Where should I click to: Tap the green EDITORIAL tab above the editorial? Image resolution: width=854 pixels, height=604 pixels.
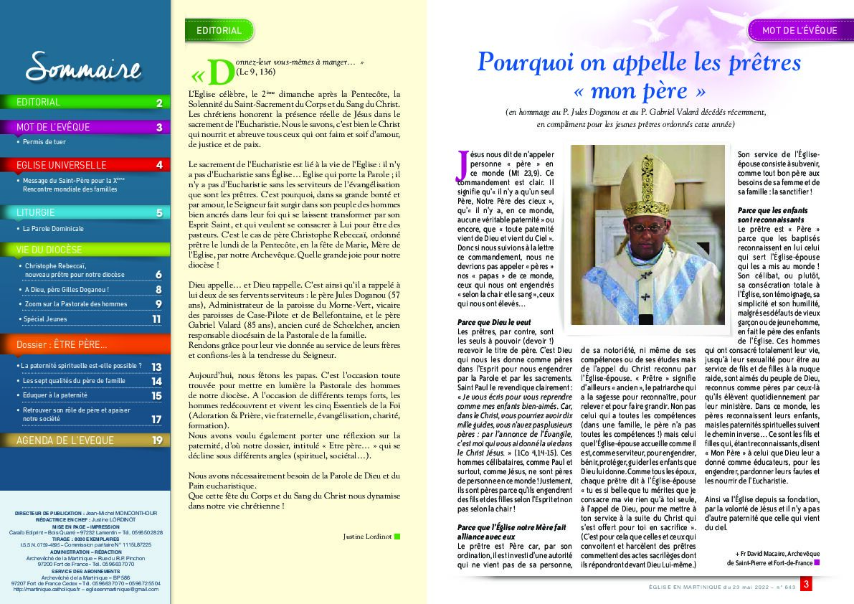[x=219, y=31]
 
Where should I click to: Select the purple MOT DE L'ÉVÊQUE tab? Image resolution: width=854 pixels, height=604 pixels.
[x=799, y=31]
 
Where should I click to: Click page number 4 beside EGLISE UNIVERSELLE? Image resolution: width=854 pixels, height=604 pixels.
[x=159, y=165]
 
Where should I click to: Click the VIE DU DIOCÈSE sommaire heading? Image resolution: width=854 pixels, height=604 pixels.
[x=50, y=250]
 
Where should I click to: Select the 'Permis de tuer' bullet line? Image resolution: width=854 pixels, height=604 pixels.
[x=44, y=142]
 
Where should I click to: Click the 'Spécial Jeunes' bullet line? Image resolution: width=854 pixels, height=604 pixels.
[x=45, y=319]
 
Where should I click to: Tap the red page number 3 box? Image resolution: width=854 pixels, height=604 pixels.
[x=806, y=585]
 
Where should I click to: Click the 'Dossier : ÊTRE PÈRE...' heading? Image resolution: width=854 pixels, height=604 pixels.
[x=62, y=346]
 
